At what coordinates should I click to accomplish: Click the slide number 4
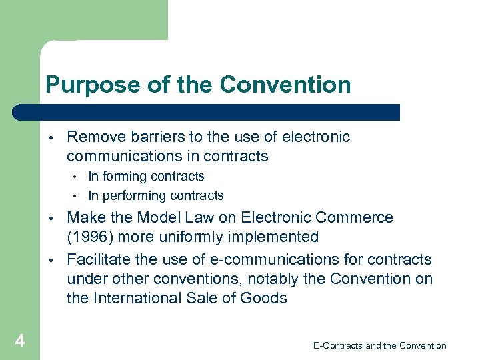[x=20, y=341]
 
